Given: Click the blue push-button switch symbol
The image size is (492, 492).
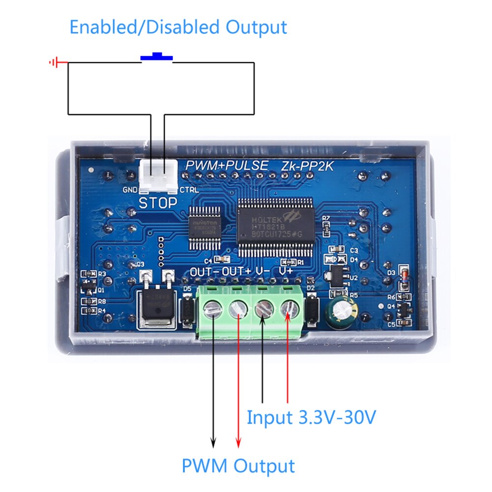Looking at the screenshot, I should (x=157, y=57).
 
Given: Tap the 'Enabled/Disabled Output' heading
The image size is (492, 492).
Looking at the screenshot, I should (x=178, y=27).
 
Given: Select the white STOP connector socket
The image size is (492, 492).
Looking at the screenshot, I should (x=157, y=177).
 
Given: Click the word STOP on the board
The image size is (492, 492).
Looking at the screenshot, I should (x=158, y=203).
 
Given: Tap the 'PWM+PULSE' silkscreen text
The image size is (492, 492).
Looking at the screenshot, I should (x=227, y=165).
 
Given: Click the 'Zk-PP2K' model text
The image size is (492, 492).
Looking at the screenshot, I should (x=307, y=166).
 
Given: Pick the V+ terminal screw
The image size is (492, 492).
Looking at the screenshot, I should (x=289, y=309).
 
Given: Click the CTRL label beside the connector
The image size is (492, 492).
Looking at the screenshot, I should (x=189, y=190).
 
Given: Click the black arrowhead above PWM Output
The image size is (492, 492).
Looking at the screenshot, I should (x=213, y=442).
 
